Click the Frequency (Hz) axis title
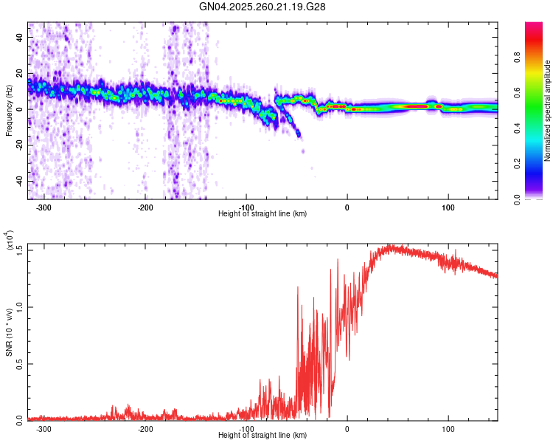coord(9,111)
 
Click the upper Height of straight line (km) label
coord(262,214)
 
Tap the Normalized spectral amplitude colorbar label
coord(547,111)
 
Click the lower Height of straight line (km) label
coord(262,436)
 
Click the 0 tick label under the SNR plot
coord(347,428)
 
